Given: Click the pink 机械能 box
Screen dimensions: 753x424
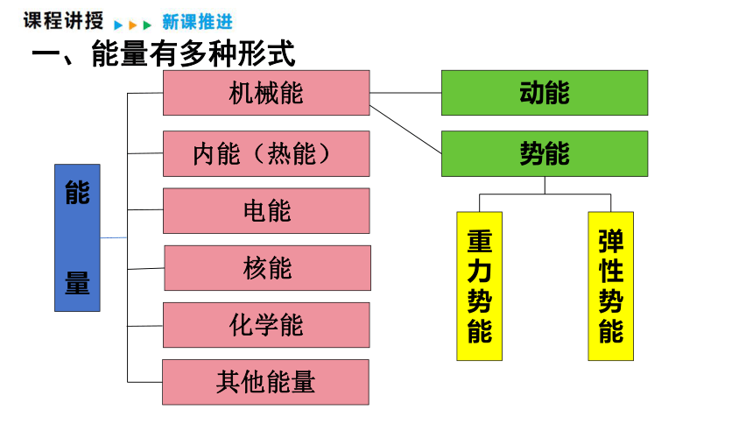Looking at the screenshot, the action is pos(266,93).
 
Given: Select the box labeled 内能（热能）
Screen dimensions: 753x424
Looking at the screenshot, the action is pos(266,154).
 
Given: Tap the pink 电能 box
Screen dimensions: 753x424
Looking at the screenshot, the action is pos(266,210).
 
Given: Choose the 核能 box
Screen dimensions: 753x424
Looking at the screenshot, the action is pos(267,268).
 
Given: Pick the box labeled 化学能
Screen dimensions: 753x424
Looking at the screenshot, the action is pos(266,325).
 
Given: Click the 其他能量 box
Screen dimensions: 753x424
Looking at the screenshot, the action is pos(265,382).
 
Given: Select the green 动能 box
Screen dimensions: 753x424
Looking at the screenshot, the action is pos(545,93).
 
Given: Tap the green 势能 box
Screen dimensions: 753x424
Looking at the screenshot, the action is pos(545,154).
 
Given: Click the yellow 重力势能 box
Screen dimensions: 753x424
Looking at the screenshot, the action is pos(479,286).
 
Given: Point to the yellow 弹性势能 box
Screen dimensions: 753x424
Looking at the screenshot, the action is pos(611,286).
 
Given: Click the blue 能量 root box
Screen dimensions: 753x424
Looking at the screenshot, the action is pos(77,238).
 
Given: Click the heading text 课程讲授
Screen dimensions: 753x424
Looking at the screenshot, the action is pos(63,21).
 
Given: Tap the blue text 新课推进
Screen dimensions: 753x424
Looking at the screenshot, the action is pos(197,22).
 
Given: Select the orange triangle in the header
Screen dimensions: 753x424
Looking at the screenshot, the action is pos(133,25).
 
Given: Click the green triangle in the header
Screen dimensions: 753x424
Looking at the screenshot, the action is pos(147,25).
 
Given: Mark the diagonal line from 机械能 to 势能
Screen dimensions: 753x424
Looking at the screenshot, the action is pos(405,130).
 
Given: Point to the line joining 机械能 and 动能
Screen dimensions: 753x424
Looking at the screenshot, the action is pos(405,93).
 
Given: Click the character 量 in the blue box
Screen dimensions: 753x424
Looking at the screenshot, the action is pos(77,283).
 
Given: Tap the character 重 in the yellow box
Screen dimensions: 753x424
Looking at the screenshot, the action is pos(479,241).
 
